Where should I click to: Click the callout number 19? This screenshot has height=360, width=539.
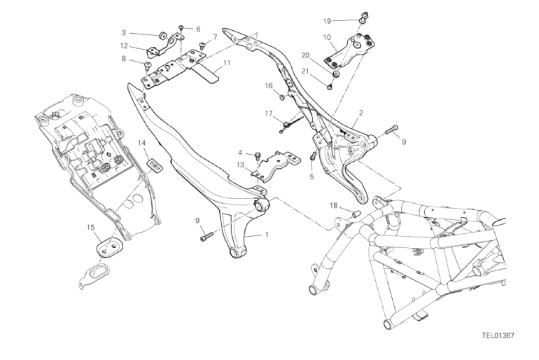346,21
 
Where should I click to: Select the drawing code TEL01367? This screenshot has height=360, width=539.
498,335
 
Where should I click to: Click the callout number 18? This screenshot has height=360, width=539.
334,206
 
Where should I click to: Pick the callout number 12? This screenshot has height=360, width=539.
123,46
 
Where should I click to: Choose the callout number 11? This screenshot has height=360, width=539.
226,62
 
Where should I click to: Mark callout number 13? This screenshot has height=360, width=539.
239,165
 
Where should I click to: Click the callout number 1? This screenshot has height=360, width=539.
266,235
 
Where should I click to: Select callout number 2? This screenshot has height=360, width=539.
360,112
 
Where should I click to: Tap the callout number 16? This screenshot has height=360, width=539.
268,85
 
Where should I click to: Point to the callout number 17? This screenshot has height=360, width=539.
268,113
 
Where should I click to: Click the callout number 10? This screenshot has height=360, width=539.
327,37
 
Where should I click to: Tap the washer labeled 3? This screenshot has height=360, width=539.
160,34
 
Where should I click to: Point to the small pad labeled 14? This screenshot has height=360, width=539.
155,165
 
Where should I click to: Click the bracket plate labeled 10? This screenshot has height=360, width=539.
350,49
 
